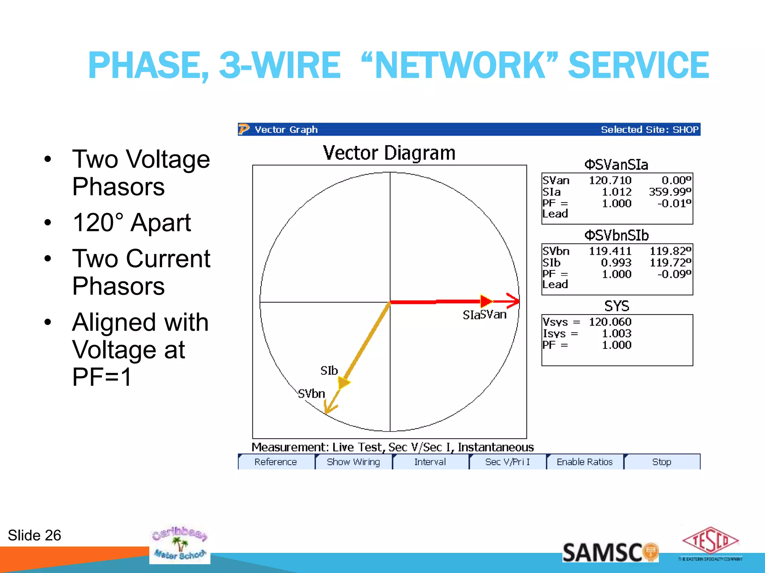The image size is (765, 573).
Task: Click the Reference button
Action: point(276,462)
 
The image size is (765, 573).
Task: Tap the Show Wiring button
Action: point(353,462)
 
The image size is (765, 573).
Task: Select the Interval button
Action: point(430,462)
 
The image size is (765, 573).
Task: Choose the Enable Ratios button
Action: point(585,462)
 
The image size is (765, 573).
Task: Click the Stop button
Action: point(662,462)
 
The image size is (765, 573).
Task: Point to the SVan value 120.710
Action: point(610,181)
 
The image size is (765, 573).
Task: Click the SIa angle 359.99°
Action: point(670,192)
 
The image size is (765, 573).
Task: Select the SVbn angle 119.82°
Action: point(670,251)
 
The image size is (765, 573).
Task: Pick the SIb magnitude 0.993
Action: point(616,263)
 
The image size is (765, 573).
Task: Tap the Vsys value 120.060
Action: point(610,322)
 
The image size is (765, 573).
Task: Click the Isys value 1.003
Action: point(616,334)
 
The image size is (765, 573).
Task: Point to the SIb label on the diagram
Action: point(329,370)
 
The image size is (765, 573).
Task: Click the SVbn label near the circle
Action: point(312,394)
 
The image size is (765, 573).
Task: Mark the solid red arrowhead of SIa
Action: point(486,301)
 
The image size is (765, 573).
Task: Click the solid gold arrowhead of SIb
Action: point(343,382)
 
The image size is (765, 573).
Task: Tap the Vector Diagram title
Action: point(389,153)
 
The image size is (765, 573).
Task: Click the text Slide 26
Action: point(34,535)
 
